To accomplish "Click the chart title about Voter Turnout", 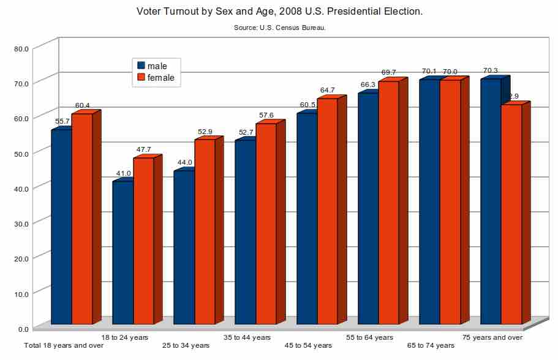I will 279,12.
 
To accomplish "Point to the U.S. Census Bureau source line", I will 279,28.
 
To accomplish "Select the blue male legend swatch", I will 141,66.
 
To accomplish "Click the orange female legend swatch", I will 141,78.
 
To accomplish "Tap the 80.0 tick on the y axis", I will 21,48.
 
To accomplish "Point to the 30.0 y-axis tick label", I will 21,223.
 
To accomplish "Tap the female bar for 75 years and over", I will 511,214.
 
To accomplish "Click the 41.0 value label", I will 123,174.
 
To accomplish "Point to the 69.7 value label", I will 388,73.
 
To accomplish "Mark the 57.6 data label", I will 266,115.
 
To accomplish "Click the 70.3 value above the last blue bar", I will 491,71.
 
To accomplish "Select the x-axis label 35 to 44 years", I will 247,337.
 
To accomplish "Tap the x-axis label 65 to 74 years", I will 431,346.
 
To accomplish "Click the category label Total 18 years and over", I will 64,346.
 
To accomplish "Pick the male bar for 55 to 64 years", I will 368,208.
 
